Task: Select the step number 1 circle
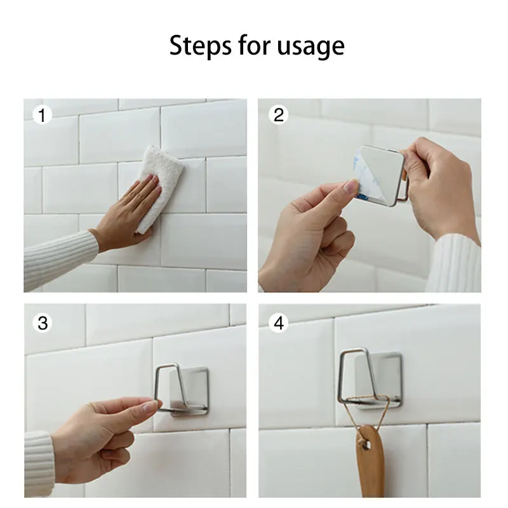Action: click(42, 116)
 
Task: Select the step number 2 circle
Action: click(278, 115)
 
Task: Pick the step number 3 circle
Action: click(43, 323)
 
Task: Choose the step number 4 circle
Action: click(279, 323)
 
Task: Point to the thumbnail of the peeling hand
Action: click(351, 186)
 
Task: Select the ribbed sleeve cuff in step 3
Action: click(39, 464)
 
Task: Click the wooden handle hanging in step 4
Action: click(371, 460)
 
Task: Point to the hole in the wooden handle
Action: click(366, 444)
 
